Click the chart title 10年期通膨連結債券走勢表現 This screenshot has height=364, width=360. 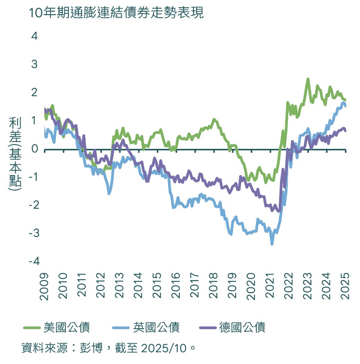(116, 13)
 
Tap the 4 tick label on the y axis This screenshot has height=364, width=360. (34, 36)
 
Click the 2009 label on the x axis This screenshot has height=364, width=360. (45, 284)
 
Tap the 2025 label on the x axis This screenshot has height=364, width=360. (345, 284)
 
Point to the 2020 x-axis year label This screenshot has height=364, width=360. (252, 284)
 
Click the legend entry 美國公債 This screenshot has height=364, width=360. (67, 327)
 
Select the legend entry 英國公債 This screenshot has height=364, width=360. (157, 327)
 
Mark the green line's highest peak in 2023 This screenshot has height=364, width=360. (308, 79)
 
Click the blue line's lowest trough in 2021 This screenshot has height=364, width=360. (272, 244)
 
